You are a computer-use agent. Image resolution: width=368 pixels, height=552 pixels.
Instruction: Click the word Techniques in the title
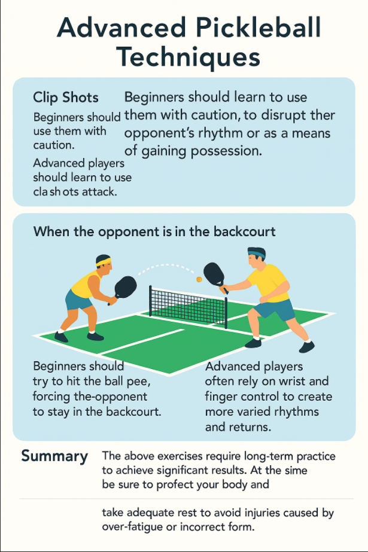point(188,58)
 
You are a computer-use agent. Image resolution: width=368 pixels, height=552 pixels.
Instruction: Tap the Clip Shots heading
point(66,97)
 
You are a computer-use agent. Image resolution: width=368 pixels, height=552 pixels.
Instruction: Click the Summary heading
point(54,456)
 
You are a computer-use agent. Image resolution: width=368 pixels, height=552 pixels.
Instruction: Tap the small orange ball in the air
point(199,279)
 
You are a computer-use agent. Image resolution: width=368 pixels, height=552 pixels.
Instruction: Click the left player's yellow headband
point(104,260)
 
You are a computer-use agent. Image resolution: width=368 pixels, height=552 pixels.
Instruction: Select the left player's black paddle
point(124,286)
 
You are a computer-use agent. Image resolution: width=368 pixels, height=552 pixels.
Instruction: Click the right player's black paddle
point(214,274)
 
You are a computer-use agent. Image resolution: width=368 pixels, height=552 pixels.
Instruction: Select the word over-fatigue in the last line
point(133,527)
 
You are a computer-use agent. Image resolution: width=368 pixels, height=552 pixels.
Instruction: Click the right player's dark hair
point(256,252)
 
